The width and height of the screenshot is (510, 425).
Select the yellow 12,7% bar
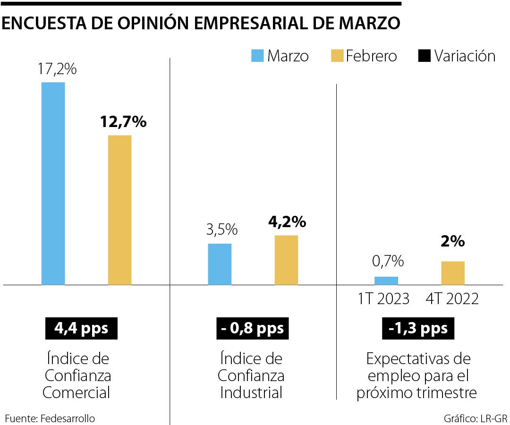pos(120,210)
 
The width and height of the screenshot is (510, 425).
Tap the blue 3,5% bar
pos(220,264)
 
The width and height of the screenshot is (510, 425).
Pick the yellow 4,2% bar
pos(286,260)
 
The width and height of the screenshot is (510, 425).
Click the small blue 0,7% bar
pos(386,280)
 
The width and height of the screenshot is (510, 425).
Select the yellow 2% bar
pos(453,273)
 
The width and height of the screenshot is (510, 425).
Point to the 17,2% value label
pos(57,69)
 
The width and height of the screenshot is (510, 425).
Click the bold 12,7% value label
pos(123,122)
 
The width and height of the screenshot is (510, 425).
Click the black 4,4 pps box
pos(81,328)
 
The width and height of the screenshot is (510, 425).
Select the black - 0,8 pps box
pos(252,328)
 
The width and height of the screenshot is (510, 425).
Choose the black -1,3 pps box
pos(418,328)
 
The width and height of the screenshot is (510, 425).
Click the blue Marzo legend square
pos(257,56)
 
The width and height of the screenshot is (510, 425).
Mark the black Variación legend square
pos(425,56)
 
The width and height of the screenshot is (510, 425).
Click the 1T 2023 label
pos(383,299)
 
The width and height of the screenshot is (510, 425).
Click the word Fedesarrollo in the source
pos(68,418)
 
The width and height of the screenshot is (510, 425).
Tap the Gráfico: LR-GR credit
pos(475,418)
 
